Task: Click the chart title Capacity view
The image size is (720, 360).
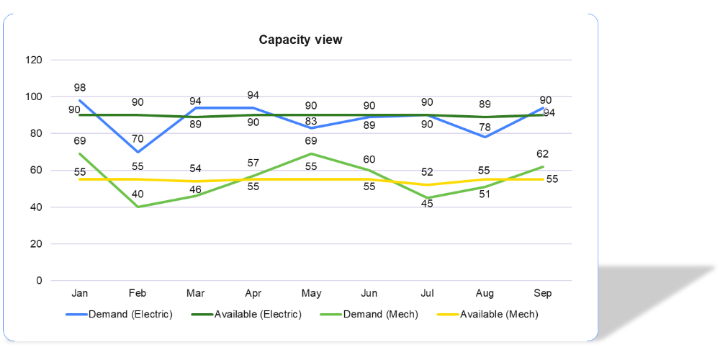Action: [x=300, y=40]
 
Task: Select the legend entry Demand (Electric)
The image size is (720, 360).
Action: [x=130, y=314]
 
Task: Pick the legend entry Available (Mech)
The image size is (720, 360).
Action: [x=499, y=314]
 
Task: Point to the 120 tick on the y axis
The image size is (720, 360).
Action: [x=34, y=60]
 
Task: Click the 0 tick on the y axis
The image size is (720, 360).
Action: [x=39, y=281]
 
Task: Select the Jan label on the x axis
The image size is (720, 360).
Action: [x=79, y=294]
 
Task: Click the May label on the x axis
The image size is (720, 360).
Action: [x=311, y=294]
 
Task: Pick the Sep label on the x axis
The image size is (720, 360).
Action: [x=542, y=294]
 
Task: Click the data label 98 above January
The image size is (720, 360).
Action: [x=79, y=88]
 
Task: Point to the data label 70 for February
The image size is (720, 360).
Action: [x=138, y=139]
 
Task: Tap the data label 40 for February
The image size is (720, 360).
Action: [x=138, y=194]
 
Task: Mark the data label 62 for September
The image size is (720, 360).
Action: [x=542, y=153]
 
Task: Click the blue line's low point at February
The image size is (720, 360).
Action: [x=138, y=152]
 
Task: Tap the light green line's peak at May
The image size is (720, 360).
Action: [x=311, y=153]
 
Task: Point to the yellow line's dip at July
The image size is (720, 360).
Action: [x=427, y=185]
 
